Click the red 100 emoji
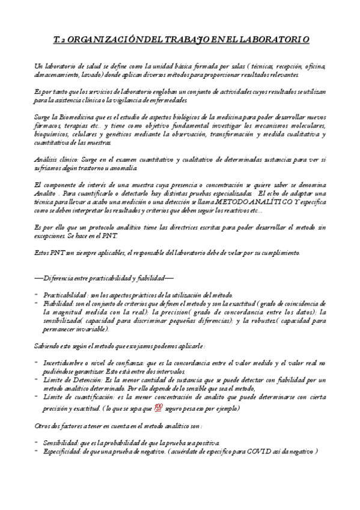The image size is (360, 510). (159, 407)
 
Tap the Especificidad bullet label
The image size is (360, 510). (66, 452)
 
